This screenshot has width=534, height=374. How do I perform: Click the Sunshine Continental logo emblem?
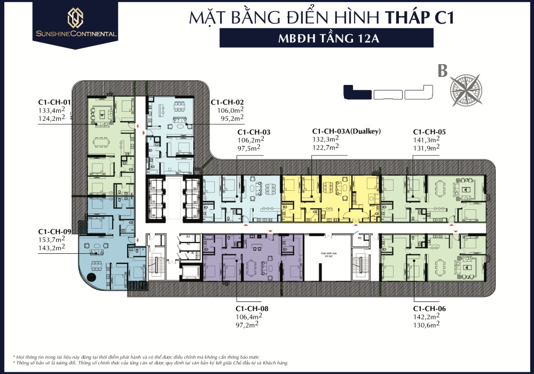[74, 17]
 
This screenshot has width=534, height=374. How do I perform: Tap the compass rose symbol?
[465, 89]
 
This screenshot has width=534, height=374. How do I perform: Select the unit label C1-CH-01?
[54, 102]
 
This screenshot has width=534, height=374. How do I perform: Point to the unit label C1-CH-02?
[227, 102]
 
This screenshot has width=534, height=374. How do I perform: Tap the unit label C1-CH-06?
[429, 308]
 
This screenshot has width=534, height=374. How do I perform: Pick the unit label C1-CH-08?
[252, 308]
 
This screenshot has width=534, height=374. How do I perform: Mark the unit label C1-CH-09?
[54, 231]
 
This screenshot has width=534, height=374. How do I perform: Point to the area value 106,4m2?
[249, 316]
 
